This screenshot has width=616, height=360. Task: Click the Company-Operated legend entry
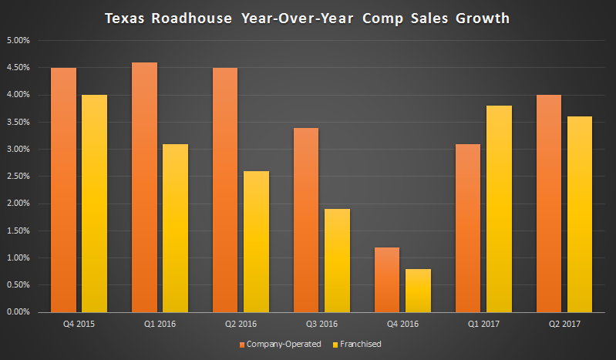(280, 344)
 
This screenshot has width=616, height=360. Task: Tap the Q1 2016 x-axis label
(157, 325)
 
